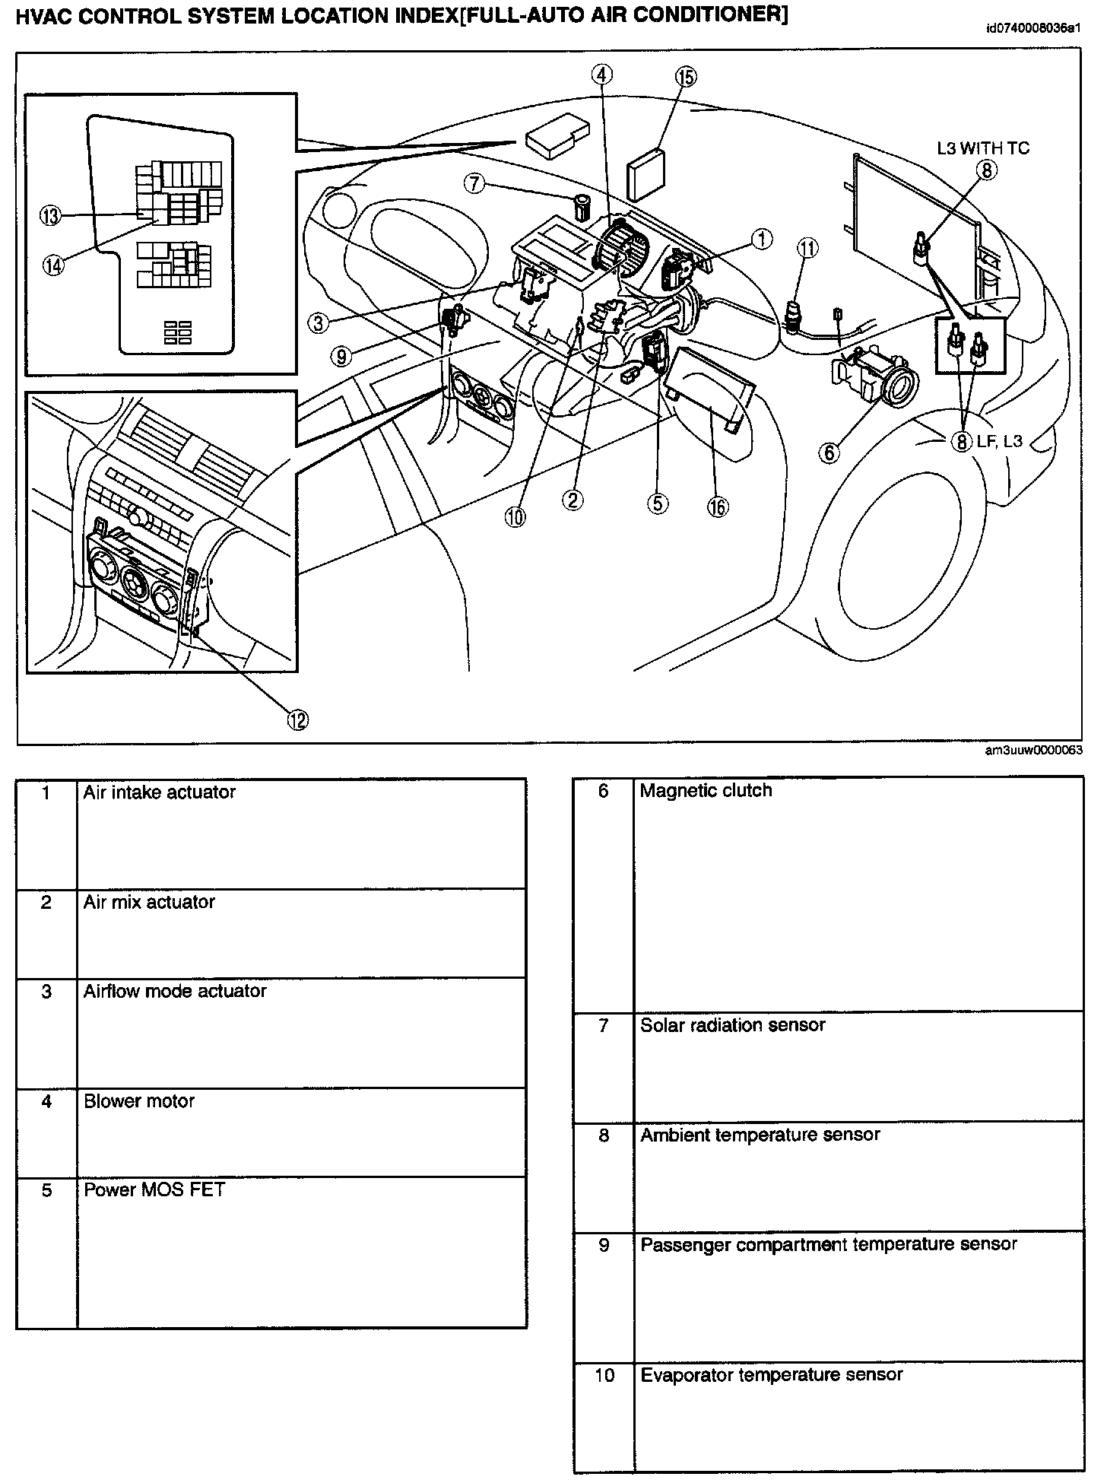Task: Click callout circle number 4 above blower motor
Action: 601,75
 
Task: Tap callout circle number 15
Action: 685,77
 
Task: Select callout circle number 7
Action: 474,183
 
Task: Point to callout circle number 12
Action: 297,719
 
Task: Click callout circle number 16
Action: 717,506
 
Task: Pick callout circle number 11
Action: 807,248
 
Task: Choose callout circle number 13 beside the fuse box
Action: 50,217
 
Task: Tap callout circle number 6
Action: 828,453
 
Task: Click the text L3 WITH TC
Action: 982,148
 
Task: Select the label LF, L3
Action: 1000,440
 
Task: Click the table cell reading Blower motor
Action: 139,1101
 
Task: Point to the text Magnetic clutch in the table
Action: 706,791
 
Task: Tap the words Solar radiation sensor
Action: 732,1025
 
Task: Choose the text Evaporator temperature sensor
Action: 771,1375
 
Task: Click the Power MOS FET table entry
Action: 154,1190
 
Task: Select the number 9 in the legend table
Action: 604,1246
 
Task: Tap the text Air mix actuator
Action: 149,902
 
